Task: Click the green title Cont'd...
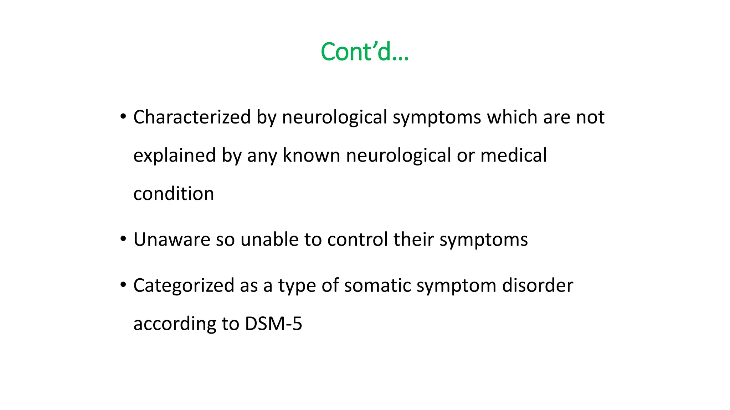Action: pyautogui.click(x=364, y=52)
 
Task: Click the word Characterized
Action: pyautogui.click(x=192, y=117)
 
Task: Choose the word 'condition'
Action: pyautogui.click(x=174, y=194)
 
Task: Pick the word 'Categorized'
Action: pyautogui.click(x=184, y=285)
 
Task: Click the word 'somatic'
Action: pyautogui.click(x=377, y=285)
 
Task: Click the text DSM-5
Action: pyautogui.click(x=273, y=324)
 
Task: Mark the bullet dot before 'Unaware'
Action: pyautogui.click(x=123, y=238)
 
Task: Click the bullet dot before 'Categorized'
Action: pyautogui.click(x=123, y=284)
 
